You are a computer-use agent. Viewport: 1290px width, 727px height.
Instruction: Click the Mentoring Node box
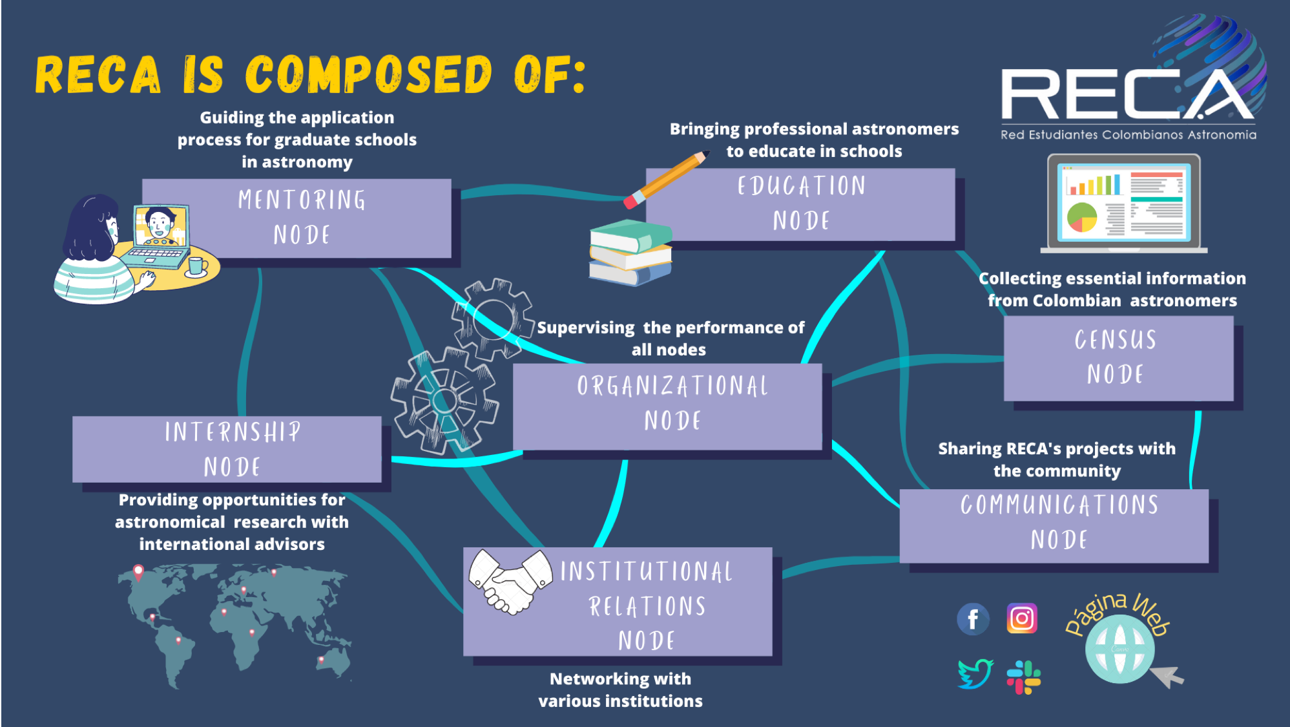coord(296,218)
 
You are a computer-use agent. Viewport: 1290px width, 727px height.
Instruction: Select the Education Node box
coord(800,204)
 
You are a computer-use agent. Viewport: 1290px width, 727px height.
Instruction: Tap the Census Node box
coord(1118,358)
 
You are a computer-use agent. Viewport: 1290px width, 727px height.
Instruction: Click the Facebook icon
coord(973,619)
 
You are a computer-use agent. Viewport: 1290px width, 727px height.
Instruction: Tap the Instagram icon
coord(1022,618)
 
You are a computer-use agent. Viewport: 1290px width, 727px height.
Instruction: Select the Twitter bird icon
coord(975,673)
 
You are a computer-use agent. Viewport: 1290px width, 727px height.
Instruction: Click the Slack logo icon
coord(1023,677)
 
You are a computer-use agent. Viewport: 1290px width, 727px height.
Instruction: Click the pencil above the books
coord(665,179)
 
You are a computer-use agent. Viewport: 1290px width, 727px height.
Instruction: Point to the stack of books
coord(630,252)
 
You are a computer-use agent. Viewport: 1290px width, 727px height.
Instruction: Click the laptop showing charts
coord(1123,204)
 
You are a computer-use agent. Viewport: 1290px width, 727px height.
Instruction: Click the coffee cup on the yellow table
coord(197,265)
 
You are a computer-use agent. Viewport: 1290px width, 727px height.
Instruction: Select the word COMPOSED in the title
coord(368,74)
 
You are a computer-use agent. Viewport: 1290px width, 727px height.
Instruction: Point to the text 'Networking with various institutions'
coord(620,690)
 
